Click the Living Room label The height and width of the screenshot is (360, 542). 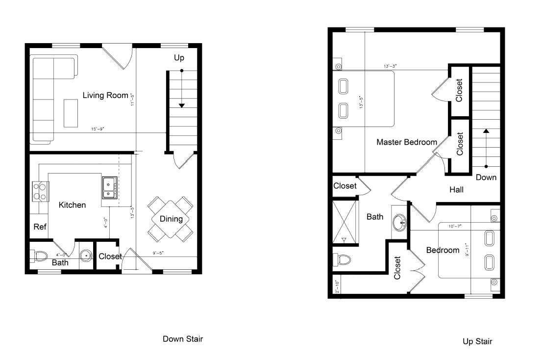click(x=105, y=95)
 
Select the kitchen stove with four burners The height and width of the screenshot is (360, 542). click(x=39, y=191)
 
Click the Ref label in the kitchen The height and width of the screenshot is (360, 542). click(x=40, y=227)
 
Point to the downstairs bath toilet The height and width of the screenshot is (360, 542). click(x=39, y=255)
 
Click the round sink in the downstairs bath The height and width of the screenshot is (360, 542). click(x=86, y=256)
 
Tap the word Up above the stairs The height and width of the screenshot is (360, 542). click(x=179, y=58)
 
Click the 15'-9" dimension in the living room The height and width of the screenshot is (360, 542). click(x=98, y=129)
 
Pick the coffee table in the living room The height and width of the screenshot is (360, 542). click(x=71, y=113)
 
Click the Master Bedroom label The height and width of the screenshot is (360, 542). click(x=406, y=142)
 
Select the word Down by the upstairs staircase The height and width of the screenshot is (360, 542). click(x=486, y=178)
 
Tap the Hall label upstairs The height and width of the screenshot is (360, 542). click(x=456, y=190)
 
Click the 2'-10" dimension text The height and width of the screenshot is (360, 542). click(x=337, y=286)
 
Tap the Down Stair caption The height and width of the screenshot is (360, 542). click(x=182, y=339)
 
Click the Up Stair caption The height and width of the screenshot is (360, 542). click(x=477, y=341)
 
